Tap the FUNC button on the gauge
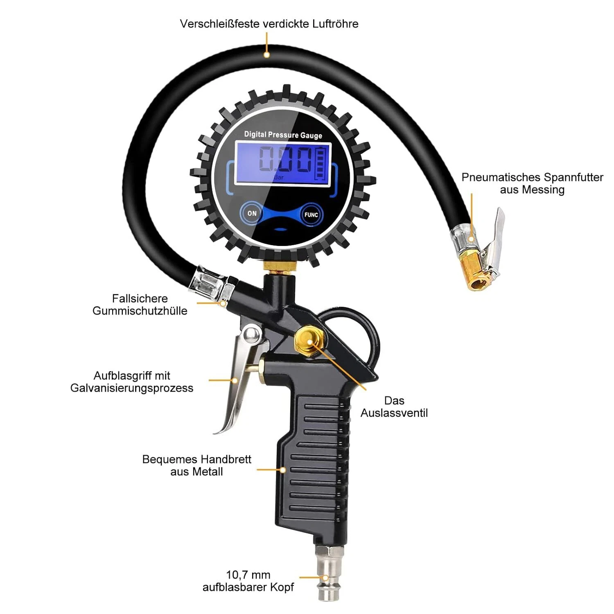pyautogui.click(x=311, y=214)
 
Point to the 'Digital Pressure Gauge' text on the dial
pyautogui.click(x=283, y=135)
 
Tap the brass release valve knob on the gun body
pyautogui.click(x=308, y=341)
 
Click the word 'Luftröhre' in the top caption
pyautogui.click(x=335, y=24)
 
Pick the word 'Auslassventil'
pyautogui.click(x=394, y=413)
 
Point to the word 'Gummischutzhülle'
pyautogui.click(x=140, y=311)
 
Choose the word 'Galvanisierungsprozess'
pyautogui.click(x=132, y=388)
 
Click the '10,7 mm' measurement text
pyautogui.click(x=248, y=575)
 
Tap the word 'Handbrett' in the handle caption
pyautogui.click(x=226, y=459)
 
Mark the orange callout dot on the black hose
pyautogui.click(x=266, y=54)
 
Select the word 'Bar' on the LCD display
pyautogui.click(x=278, y=177)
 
